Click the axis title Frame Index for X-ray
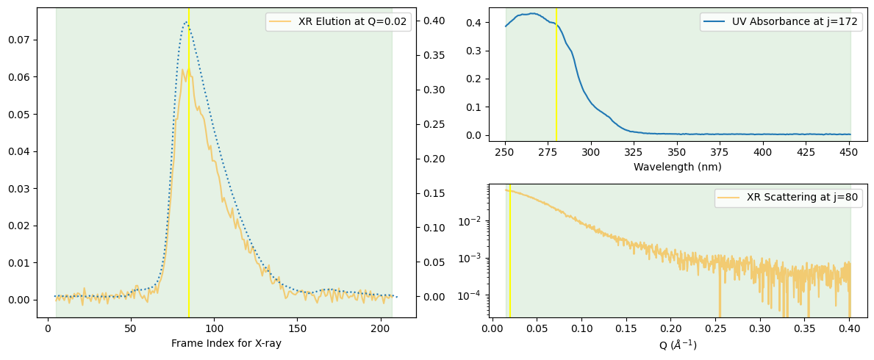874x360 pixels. [226, 343]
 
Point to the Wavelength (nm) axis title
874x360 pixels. [677, 167]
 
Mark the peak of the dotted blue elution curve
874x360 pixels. [186, 22]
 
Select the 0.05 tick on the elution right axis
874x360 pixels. [433, 262]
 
